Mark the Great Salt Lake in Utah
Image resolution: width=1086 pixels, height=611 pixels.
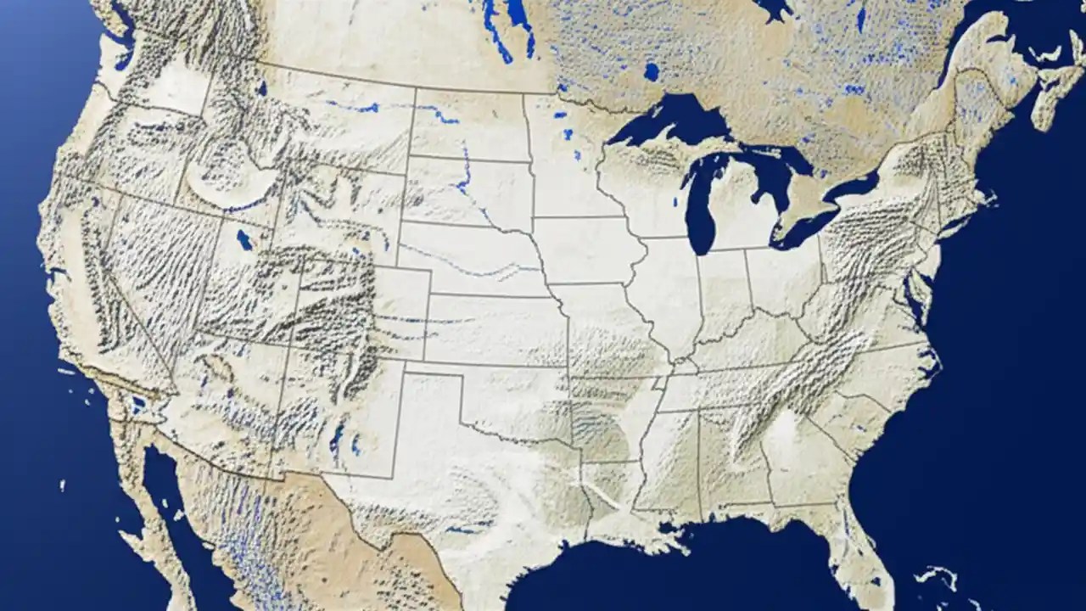tap(244, 240)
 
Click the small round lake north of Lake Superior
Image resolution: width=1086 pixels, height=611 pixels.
tap(651, 71)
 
